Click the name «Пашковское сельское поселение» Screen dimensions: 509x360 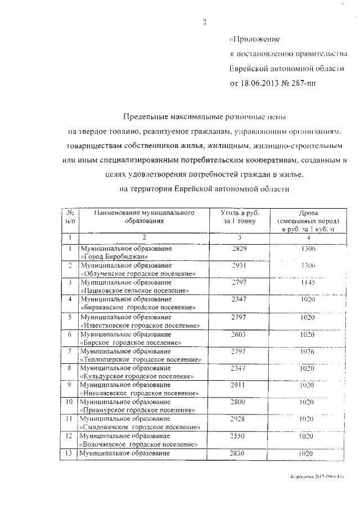click(134, 291)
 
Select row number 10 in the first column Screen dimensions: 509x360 click(69, 403)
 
